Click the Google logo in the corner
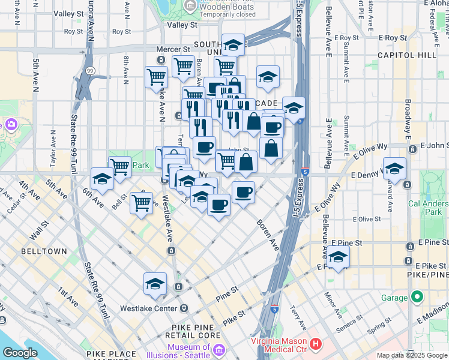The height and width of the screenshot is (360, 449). (20, 353)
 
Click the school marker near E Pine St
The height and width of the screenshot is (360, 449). (339, 257)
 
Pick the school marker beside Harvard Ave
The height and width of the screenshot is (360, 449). (394, 169)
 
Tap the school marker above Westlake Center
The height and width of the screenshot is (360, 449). (155, 284)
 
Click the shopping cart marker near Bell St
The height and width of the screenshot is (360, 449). (141, 202)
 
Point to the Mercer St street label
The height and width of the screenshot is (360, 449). (173, 49)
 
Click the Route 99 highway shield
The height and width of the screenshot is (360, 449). (90, 70)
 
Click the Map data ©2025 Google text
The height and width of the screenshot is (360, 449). (412, 355)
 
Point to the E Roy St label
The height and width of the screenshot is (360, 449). (346, 37)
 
